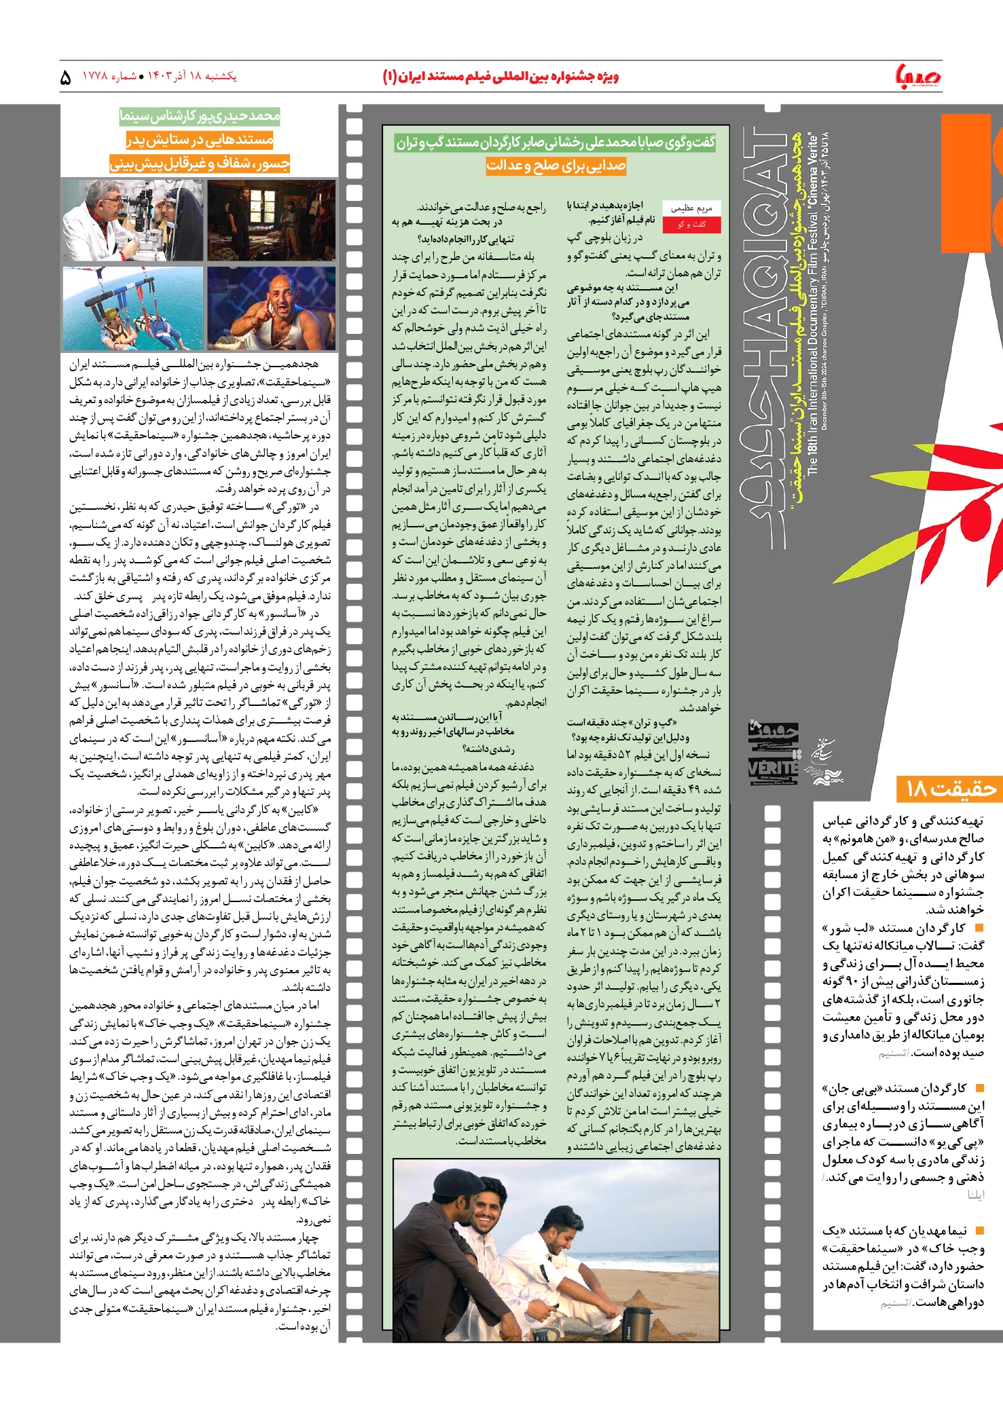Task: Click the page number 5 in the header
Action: click(66, 77)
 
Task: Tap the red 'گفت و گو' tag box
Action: click(691, 225)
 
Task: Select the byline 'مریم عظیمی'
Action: click(691, 209)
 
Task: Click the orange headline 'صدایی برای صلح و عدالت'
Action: click(555, 166)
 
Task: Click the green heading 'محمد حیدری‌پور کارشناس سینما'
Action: click(200, 117)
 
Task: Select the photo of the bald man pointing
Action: click(272, 308)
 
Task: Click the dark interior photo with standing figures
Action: click(272, 220)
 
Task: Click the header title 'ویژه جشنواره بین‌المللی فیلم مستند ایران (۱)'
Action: click(500, 77)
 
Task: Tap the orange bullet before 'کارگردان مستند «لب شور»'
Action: click(979, 928)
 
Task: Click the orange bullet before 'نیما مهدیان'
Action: click(979, 1230)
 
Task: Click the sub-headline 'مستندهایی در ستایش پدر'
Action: click(200, 141)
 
